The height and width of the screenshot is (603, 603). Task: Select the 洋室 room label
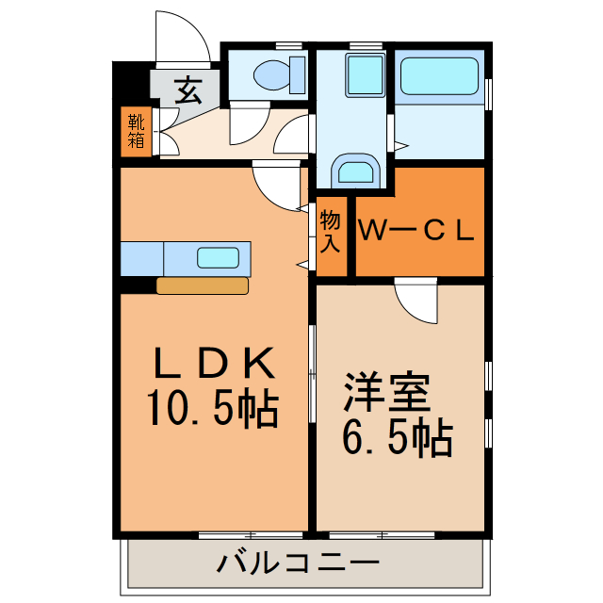tap(386, 392)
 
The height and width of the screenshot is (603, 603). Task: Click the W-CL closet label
tap(415, 229)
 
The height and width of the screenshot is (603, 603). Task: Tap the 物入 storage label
tap(330, 232)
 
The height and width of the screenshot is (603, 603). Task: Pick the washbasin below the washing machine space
tap(355, 171)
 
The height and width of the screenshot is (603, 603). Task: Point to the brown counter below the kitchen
tap(203, 285)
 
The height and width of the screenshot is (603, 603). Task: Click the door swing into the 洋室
tap(416, 301)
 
